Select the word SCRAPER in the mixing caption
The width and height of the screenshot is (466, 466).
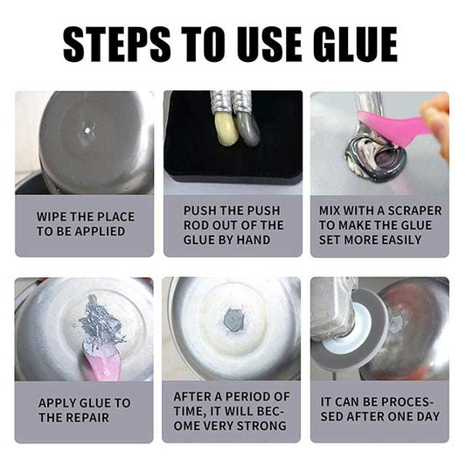(408, 211)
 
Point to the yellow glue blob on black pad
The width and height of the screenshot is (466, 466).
(225, 129)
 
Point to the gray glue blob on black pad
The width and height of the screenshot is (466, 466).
(247, 130)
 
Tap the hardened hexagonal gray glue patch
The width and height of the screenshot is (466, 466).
(233, 320)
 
